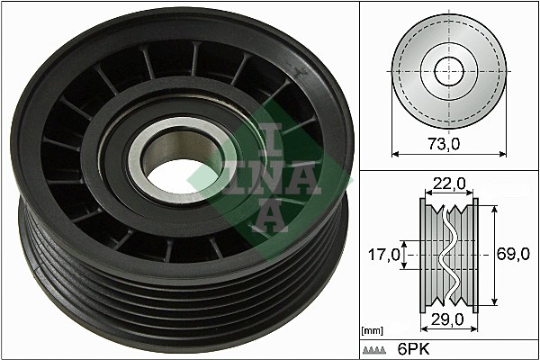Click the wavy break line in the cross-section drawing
click(447, 256)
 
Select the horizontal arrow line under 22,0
click(447, 193)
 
